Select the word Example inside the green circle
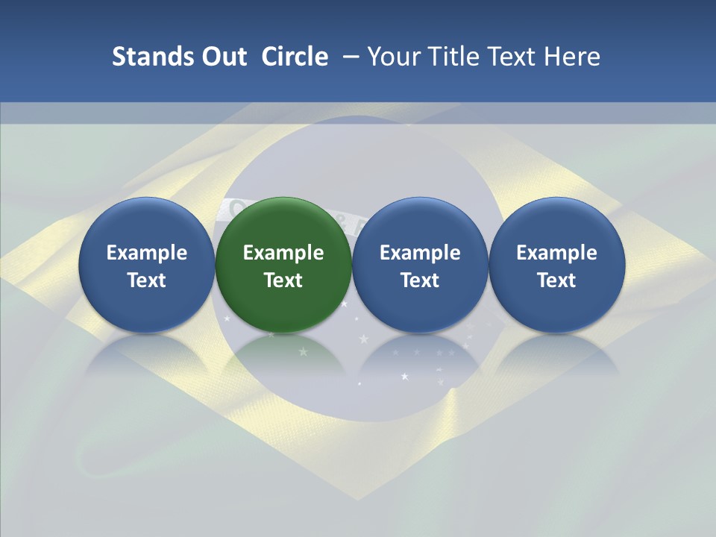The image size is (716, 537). tap(283, 253)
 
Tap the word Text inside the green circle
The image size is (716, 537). tap(283, 280)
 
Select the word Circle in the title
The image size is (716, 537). tap(295, 57)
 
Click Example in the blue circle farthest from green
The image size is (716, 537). tap(557, 253)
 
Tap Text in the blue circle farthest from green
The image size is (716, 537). tap(557, 280)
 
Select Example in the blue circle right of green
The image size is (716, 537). tap(420, 253)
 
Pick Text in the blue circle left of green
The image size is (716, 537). tap(146, 280)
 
